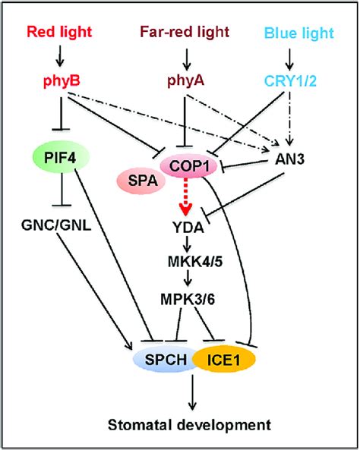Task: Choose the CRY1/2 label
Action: pyautogui.click(x=289, y=81)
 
